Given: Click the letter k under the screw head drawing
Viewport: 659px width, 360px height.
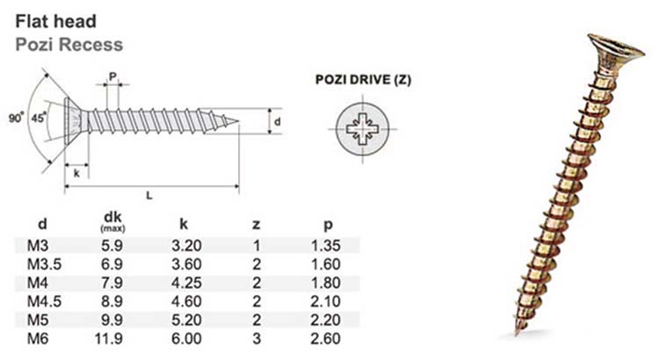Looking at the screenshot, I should point(77,173).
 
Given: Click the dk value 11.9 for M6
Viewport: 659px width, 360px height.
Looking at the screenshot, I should point(112,338).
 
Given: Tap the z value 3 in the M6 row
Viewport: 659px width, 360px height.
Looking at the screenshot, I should point(257,338).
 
